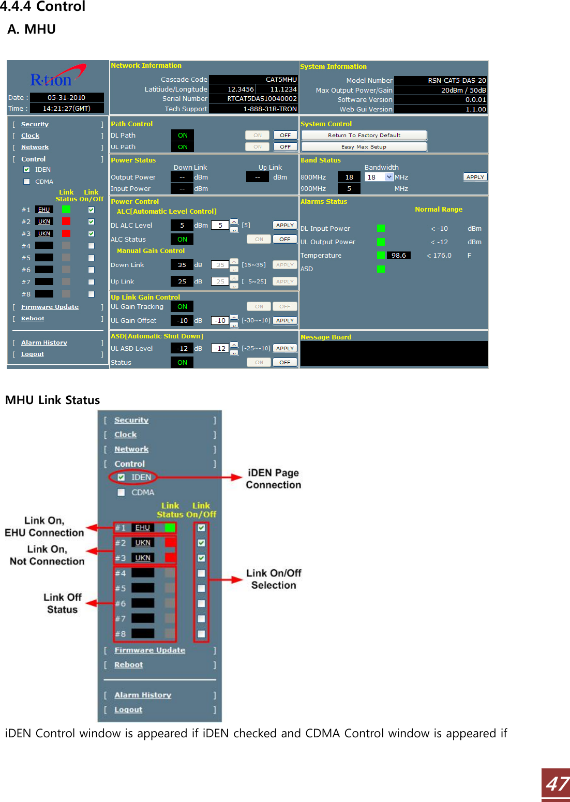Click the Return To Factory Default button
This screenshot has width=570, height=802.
364,135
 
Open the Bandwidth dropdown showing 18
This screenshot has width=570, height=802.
389,177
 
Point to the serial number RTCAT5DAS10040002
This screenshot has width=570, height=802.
262,99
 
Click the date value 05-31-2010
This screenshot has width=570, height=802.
67,97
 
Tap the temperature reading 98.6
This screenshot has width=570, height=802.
398,256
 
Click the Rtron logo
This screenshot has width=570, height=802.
57,77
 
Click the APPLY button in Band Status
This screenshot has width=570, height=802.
475,177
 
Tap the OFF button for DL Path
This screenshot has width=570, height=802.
285,135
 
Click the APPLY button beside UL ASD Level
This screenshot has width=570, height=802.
284,348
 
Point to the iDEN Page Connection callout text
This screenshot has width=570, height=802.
273,479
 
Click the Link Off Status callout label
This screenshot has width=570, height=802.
62,603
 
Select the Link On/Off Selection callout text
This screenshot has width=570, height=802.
274,579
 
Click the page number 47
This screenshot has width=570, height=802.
557,784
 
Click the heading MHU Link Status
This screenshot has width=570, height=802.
52,400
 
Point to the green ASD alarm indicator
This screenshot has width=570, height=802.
381,269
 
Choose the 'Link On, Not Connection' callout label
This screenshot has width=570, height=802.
47,555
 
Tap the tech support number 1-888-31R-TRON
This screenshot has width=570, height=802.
269,109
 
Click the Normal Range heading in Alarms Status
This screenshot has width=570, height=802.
438,210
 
